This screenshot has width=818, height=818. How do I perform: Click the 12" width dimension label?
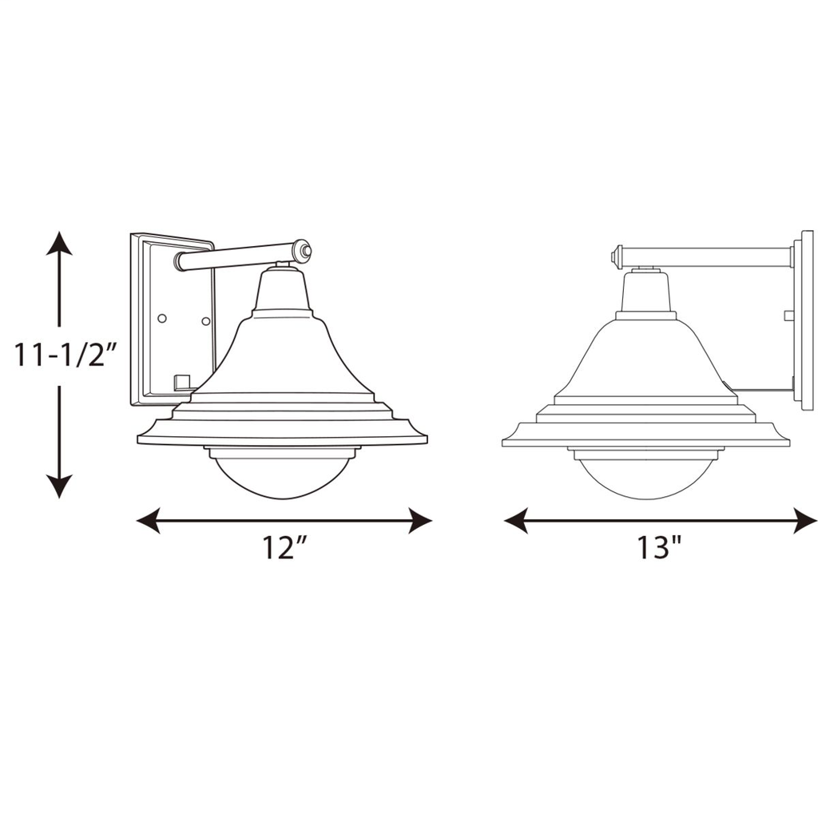point(285,548)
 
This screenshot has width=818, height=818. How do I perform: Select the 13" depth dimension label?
point(659,548)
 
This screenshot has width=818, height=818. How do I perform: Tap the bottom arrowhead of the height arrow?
point(59,486)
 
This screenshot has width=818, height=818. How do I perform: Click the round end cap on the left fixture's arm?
point(302,250)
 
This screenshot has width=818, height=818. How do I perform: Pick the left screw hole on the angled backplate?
point(162,318)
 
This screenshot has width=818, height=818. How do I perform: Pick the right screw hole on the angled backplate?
point(205,321)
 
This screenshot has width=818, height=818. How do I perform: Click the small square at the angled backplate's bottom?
point(181,380)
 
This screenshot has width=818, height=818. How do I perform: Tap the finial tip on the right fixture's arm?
point(615,257)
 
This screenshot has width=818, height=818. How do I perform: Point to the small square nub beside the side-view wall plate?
point(788,315)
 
